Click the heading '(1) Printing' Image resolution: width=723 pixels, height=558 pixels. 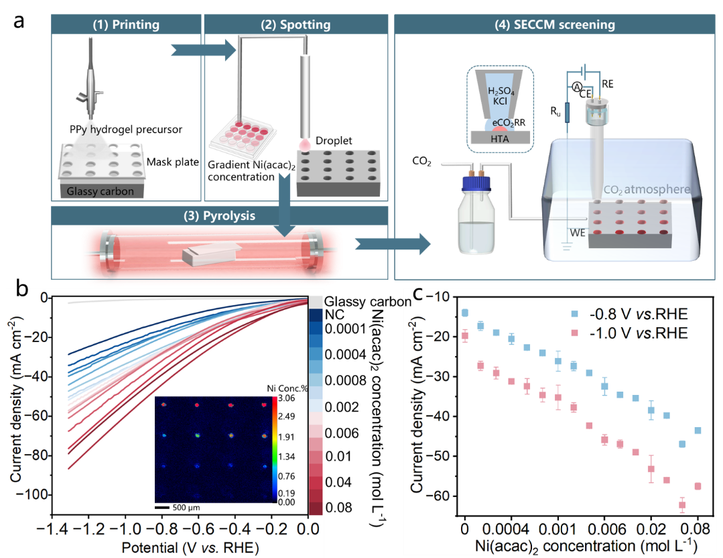click(126, 24)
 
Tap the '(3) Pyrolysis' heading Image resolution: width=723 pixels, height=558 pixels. click(220, 215)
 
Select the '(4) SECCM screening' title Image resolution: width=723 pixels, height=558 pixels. click(555, 24)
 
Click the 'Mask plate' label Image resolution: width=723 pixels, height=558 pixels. click(172, 162)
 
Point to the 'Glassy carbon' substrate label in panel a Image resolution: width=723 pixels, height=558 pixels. click(100, 191)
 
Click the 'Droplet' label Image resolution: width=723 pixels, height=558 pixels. click(334, 140)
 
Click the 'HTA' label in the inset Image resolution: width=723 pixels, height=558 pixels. click(500, 138)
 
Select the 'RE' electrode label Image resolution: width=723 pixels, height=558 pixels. click(607, 84)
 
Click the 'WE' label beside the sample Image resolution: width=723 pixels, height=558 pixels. click(578, 233)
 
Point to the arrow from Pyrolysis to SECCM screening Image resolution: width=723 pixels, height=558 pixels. click(393, 243)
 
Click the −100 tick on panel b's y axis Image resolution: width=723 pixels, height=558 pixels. click(31, 495)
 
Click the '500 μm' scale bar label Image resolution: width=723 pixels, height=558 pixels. click(186, 508)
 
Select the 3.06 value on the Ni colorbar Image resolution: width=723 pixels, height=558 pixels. click(286, 398)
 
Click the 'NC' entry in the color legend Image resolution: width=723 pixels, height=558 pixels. click(334, 315)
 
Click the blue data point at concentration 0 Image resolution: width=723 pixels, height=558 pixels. click(465, 313)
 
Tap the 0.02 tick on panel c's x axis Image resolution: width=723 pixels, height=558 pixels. click(651, 528)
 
